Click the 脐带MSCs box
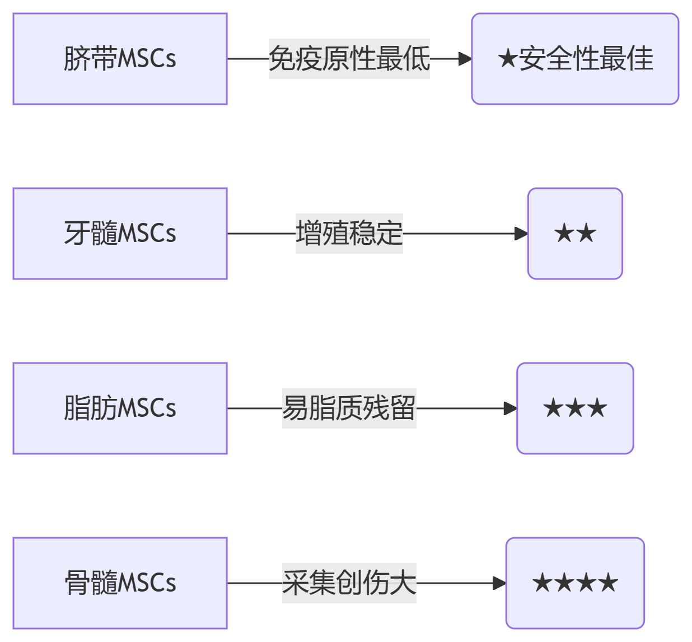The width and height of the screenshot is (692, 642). [x=120, y=59]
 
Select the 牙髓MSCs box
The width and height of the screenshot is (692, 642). [x=120, y=234]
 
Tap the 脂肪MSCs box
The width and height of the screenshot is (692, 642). [x=120, y=408]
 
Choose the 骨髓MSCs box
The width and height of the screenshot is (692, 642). [x=120, y=583]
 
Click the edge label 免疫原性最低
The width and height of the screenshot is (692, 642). [x=349, y=59]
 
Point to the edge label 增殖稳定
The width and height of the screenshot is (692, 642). [x=349, y=234]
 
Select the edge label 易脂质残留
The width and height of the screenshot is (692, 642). [x=349, y=408]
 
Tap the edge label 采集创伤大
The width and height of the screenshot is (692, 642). [x=349, y=583]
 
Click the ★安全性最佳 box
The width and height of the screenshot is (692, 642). [x=575, y=59]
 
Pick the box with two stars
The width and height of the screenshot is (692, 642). [x=575, y=234]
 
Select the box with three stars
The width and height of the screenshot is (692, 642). [x=575, y=408]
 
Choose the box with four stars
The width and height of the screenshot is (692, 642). [x=575, y=583]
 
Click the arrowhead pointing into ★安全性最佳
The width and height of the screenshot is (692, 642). [x=465, y=59]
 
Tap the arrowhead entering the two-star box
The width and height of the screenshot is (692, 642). [x=521, y=234]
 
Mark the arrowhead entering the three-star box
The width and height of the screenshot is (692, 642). [x=510, y=408]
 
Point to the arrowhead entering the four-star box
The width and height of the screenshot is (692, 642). [x=499, y=583]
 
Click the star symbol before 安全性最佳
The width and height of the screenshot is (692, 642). [x=507, y=59]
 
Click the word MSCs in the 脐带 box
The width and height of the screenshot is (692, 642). [x=147, y=59]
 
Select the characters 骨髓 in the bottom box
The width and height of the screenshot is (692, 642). [x=91, y=583]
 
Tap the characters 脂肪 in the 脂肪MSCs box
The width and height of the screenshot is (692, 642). [x=91, y=408]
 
